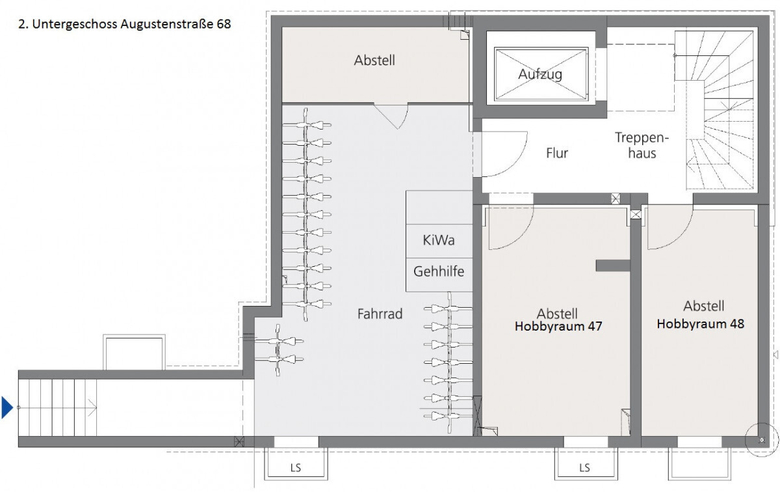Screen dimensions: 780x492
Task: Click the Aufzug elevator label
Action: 540,74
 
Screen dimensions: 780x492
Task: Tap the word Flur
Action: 557,153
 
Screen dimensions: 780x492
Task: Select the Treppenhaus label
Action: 642,145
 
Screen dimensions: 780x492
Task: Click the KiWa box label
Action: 438,240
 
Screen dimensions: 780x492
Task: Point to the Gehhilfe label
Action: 439,271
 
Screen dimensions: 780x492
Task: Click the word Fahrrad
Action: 380,314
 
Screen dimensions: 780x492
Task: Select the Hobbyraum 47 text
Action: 558,326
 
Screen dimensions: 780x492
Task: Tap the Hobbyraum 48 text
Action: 700,324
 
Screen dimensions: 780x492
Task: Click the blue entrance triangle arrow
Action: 7,407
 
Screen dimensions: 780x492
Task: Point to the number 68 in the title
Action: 224,24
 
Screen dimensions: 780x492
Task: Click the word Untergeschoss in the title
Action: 75,24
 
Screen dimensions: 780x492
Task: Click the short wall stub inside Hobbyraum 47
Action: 613,266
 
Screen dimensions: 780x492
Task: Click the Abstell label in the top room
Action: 374,61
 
